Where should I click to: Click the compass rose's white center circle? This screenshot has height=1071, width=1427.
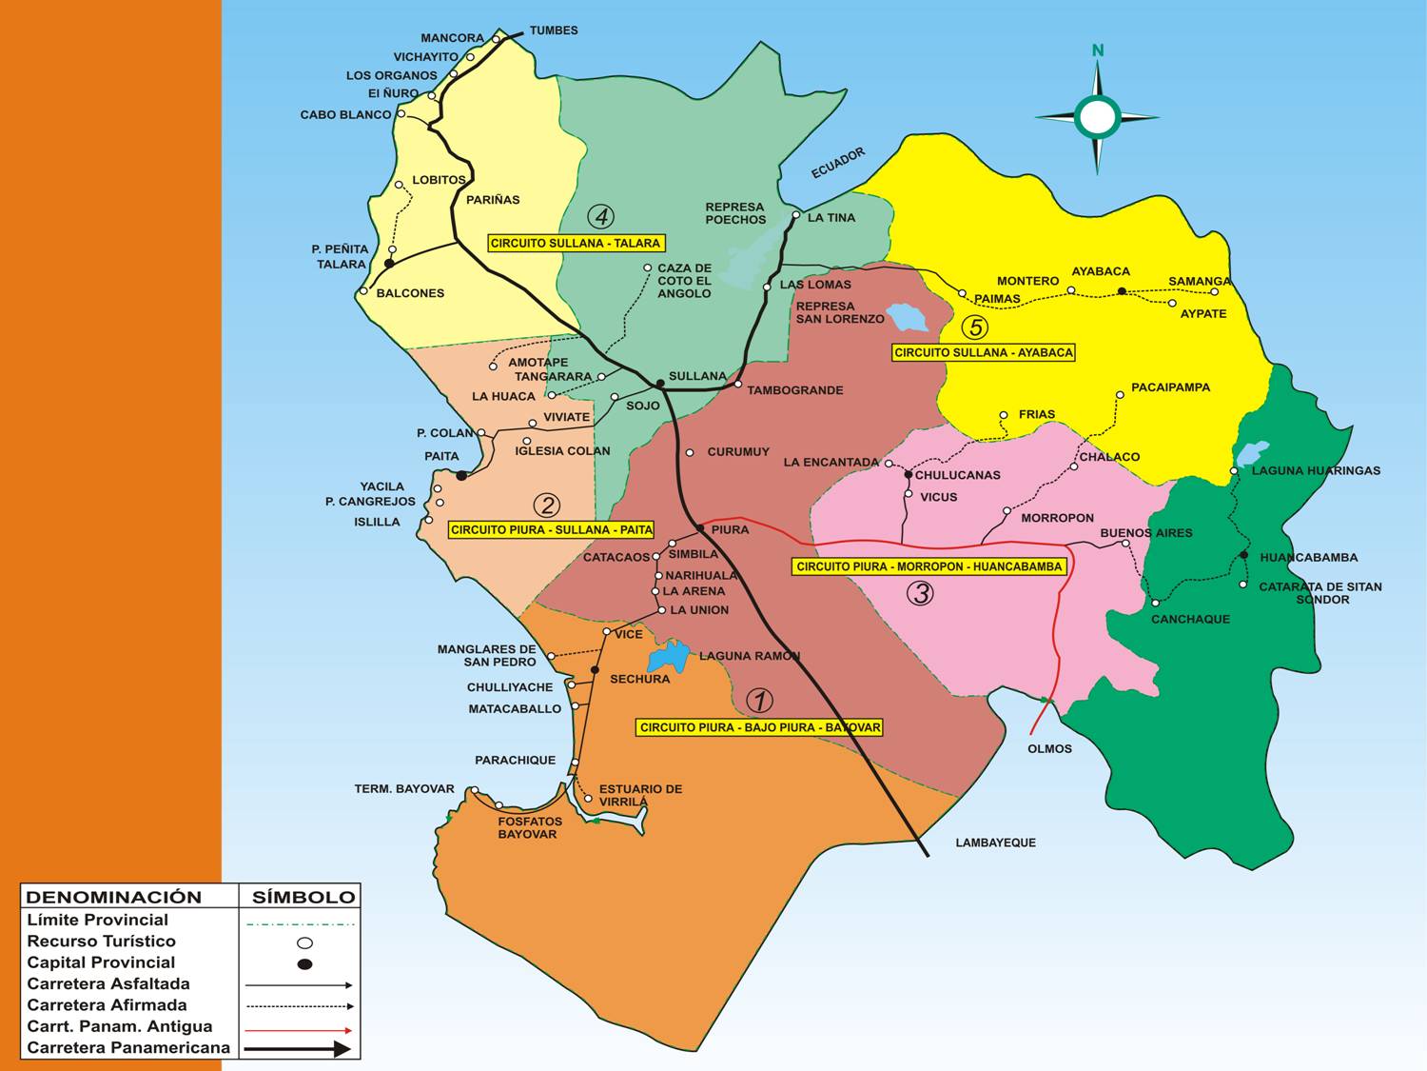(1097, 116)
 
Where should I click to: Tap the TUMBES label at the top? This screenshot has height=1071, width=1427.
(554, 30)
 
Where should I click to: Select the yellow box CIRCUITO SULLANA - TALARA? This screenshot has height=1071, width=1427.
(575, 243)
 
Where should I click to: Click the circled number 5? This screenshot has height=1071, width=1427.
(974, 327)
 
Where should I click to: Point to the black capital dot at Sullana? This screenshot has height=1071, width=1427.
(660, 383)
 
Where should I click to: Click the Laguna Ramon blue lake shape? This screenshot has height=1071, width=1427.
(669, 657)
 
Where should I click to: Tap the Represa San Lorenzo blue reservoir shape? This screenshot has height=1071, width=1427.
(906, 317)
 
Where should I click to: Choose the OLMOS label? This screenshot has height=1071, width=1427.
(1049, 749)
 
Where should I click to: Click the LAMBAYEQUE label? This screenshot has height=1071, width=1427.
(995, 843)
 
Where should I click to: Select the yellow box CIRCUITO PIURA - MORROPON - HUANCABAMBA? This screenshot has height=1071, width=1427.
(929, 566)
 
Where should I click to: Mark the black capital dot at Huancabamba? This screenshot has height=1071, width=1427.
(1243, 555)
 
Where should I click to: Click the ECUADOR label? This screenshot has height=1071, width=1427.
(838, 163)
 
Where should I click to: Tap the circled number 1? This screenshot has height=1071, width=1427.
(759, 701)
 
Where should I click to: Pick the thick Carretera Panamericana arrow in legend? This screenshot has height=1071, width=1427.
(298, 1048)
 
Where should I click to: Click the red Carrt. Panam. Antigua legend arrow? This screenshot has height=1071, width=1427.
(298, 1029)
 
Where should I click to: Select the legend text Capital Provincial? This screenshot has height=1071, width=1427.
(101, 962)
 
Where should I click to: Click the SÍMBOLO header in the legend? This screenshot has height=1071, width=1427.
(303, 897)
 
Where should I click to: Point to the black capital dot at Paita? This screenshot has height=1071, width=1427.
(461, 475)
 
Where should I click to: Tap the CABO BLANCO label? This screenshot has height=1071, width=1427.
(345, 114)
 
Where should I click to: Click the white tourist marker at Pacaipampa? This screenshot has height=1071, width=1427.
(1120, 395)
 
